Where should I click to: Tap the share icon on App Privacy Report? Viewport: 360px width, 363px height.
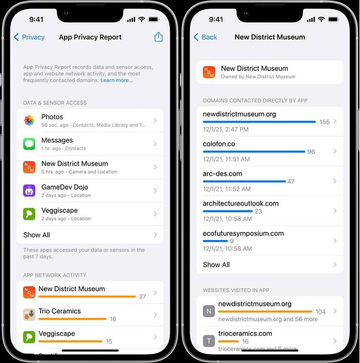tap(158, 37)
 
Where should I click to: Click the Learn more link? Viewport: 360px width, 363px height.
tap(117, 81)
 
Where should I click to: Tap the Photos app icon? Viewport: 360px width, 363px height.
tap(29, 120)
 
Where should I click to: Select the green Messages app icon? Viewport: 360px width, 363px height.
tap(29, 144)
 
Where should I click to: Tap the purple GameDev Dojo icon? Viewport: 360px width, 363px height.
tap(29, 191)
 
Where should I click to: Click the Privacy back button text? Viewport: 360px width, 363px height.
tap(33, 37)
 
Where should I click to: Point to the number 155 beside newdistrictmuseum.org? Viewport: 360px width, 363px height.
tap(324, 122)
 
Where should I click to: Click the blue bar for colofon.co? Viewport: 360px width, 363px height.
tap(254, 152)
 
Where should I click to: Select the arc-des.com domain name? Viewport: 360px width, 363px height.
tap(222, 174)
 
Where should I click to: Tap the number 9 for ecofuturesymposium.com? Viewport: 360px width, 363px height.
tap(232, 241)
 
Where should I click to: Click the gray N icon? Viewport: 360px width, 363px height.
tap(209, 311)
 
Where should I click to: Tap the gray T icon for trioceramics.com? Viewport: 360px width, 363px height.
tap(209, 340)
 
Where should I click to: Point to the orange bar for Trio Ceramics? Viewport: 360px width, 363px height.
tap(72, 318)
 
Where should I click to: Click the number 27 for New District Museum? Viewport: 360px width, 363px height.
tap(143, 296)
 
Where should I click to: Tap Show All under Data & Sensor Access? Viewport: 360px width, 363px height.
tap(36, 235)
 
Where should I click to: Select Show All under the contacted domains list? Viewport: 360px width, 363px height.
tap(216, 265)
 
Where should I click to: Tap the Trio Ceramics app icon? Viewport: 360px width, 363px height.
tap(29, 315)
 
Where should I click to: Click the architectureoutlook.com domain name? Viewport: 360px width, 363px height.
tap(240, 203)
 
